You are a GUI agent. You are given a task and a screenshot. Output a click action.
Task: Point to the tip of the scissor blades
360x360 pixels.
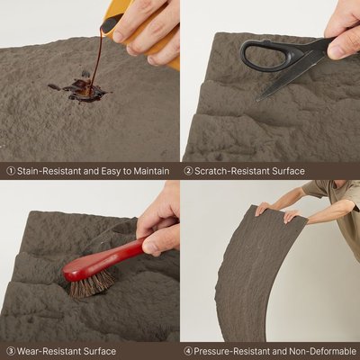click(257, 101)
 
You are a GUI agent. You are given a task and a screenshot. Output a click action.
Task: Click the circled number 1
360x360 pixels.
click(11, 171)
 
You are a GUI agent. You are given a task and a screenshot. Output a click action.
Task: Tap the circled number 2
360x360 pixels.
click(188, 171)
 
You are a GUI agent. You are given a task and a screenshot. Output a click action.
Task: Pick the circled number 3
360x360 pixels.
click(11, 351)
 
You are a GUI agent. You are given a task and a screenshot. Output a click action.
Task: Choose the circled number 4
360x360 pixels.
click(188, 351)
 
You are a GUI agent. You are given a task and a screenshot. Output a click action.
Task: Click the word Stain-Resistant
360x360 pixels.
click(49, 171)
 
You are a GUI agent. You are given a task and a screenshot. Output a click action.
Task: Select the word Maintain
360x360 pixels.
click(151, 171)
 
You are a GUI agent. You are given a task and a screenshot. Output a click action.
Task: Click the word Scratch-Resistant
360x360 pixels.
click(232, 171)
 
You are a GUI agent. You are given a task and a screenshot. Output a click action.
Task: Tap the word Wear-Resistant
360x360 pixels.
click(49, 351)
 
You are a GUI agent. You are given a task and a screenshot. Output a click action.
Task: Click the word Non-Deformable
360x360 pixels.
click(322, 351)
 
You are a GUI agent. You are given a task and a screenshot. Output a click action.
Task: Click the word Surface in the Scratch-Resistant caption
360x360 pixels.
click(288, 171)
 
